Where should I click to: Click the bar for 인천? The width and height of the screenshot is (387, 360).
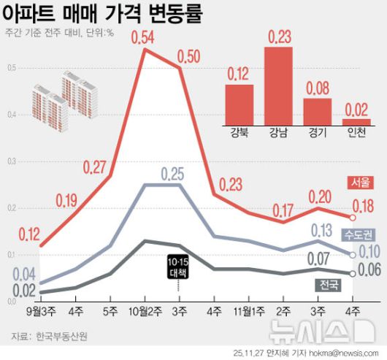pyautogui.click(x=356, y=122)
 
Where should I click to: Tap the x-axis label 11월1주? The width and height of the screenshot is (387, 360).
pyautogui.click(x=248, y=312)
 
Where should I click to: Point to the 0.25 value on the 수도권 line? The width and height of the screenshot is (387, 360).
pyautogui.click(x=173, y=175)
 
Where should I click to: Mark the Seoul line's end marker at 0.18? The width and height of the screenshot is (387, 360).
pyautogui.click(x=353, y=217)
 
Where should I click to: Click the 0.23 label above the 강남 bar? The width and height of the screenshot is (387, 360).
pyautogui.click(x=278, y=36)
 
